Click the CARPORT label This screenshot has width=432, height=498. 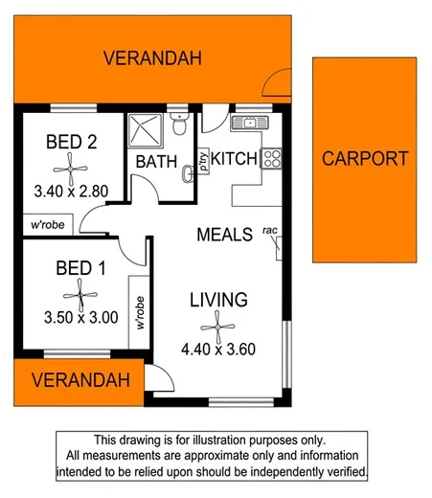coord(364,159)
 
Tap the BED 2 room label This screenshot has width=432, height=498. coord(71,142)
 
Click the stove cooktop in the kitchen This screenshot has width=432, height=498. coord(270,156)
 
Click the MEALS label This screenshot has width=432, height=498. coord(225,234)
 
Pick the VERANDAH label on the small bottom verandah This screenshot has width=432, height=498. coord(80,380)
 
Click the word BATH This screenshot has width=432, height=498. coord(155,162)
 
